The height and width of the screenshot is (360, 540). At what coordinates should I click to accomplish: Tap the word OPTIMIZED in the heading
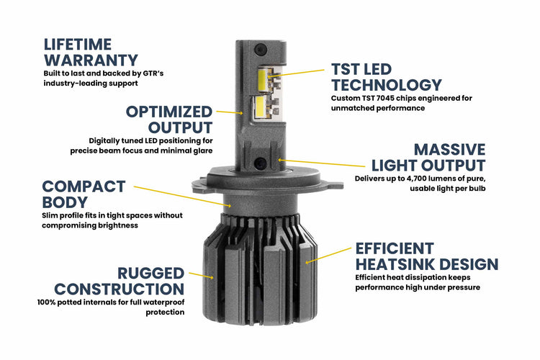click(x=169, y=112)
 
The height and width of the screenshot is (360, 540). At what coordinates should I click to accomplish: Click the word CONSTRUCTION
click(x=120, y=289)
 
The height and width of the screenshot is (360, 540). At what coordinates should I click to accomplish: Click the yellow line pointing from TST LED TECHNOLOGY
click(x=299, y=73)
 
